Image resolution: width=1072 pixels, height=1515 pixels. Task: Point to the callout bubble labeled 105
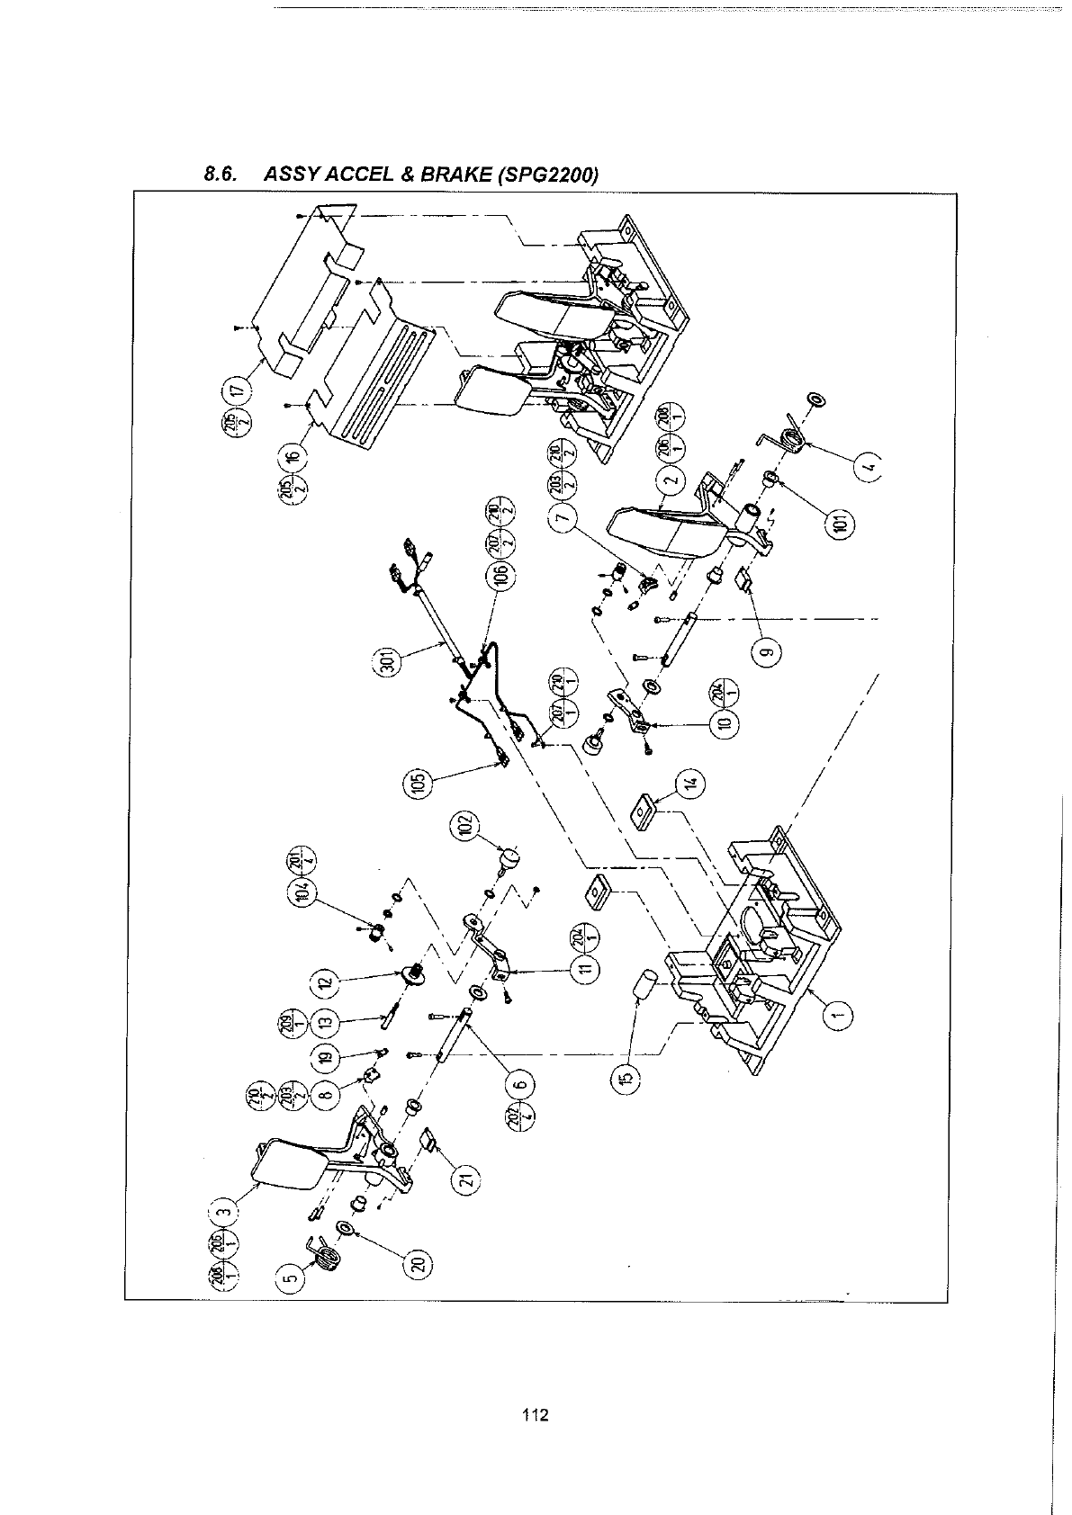417,784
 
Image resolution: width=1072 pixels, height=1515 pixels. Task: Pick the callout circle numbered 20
418,1264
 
